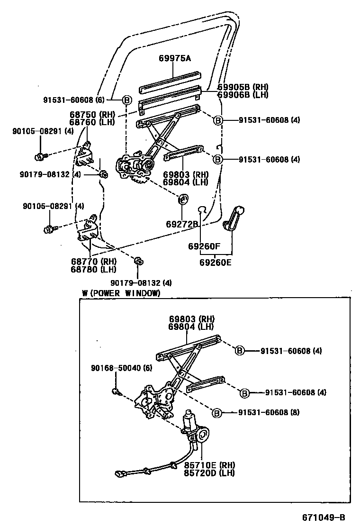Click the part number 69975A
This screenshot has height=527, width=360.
pyautogui.click(x=174, y=59)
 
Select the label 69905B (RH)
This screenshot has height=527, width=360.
pyautogui.click(x=243, y=87)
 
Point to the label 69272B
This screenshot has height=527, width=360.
pyautogui.click(x=181, y=224)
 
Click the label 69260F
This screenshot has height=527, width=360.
pyautogui.click(x=204, y=246)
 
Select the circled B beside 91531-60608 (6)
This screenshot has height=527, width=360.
pyautogui.click(x=127, y=100)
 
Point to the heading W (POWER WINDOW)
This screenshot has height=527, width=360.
pyautogui.click(x=121, y=293)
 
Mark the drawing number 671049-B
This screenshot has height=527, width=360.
pyautogui.click(x=324, y=516)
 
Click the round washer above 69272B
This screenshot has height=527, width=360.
pyautogui.click(x=183, y=199)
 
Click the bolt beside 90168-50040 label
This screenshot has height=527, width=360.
pyautogui.click(x=117, y=391)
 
